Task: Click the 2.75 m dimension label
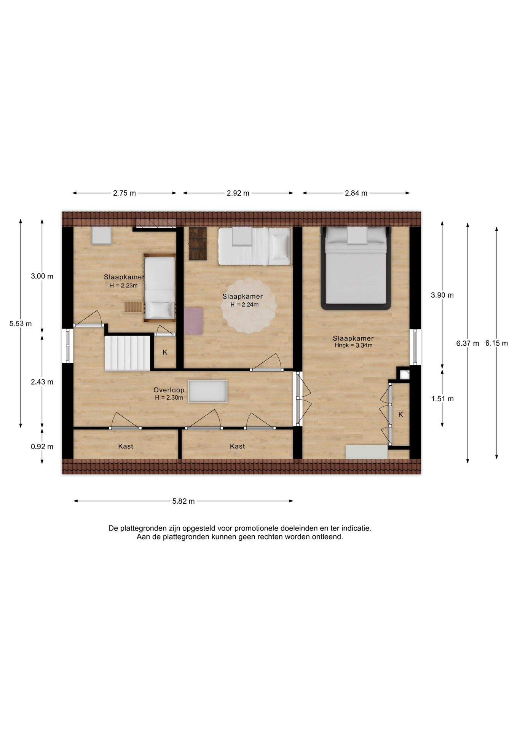(x=124, y=193)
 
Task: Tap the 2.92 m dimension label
(x=238, y=193)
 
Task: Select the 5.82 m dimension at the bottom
(x=183, y=501)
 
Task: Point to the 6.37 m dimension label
(x=468, y=343)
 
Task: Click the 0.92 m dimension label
(x=42, y=447)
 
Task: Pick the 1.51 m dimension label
(x=442, y=399)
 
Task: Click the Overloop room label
(x=169, y=390)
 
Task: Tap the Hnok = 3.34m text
(x=353, y=346)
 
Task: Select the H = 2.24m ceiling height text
(x=244, y=305)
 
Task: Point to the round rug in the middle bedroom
(x=249, y=306)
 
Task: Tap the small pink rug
(x=193, y=321)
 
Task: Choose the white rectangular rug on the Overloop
(x=208, y=391)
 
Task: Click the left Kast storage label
(x=126, y=446)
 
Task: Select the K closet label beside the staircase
(x=165, y=352)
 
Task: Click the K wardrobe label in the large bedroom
(x=401, y=415)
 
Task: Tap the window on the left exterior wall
(x=68, y=345)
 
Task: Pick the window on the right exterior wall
(x=415, y=347)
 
